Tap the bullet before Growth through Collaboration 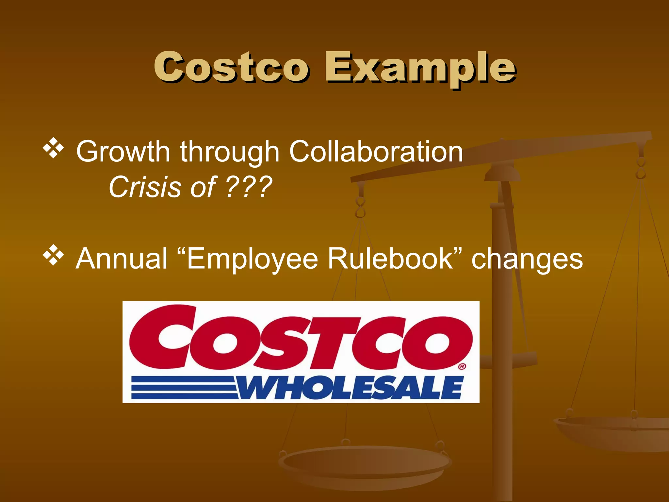[53, 148]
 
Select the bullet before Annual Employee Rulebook [53, 255]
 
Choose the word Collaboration [376, 151]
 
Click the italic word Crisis [145, 187]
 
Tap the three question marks [249, 187]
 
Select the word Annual [122, 259]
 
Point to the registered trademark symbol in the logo [462, 366]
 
